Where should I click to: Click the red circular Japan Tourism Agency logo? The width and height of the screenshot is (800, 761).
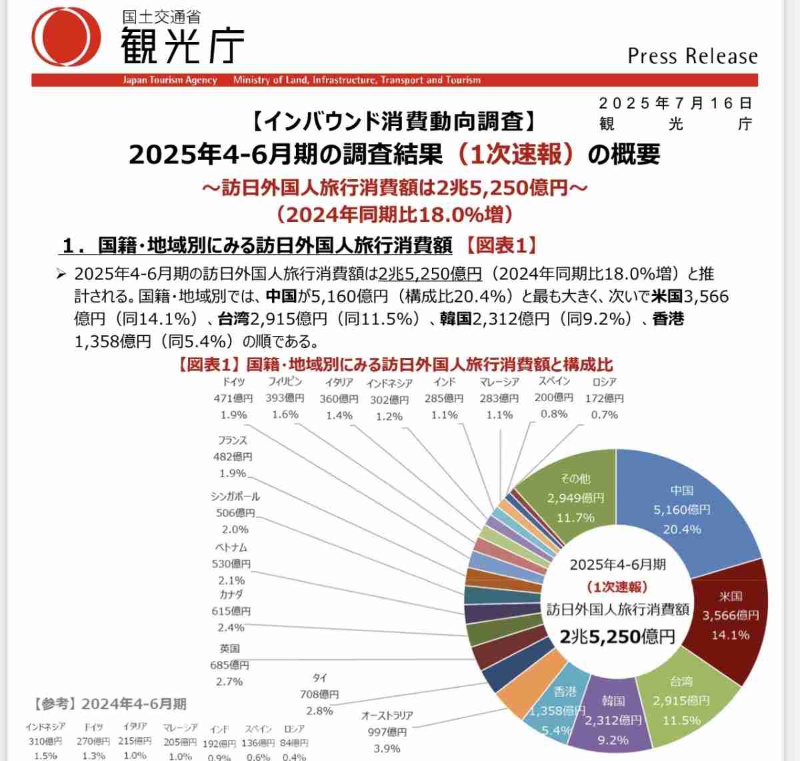(66, 37)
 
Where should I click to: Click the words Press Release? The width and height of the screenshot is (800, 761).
(693, 56)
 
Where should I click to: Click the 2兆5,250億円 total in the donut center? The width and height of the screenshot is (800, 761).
(617, 636)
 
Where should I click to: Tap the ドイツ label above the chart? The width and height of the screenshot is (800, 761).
(233, 382)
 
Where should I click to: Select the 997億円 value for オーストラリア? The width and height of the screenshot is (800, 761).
(387, 732)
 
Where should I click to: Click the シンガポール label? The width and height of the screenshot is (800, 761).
(235, 496)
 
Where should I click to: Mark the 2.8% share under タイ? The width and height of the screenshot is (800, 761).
(319, 711)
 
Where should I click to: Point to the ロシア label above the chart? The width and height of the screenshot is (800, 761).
(604, 382)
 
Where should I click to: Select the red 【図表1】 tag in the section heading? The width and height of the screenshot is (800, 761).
(500, 245)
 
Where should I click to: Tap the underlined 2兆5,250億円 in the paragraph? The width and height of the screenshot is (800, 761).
(429, 274)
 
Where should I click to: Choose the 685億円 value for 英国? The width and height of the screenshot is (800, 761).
(229, 665)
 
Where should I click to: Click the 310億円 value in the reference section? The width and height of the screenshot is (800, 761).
(45, 741)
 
